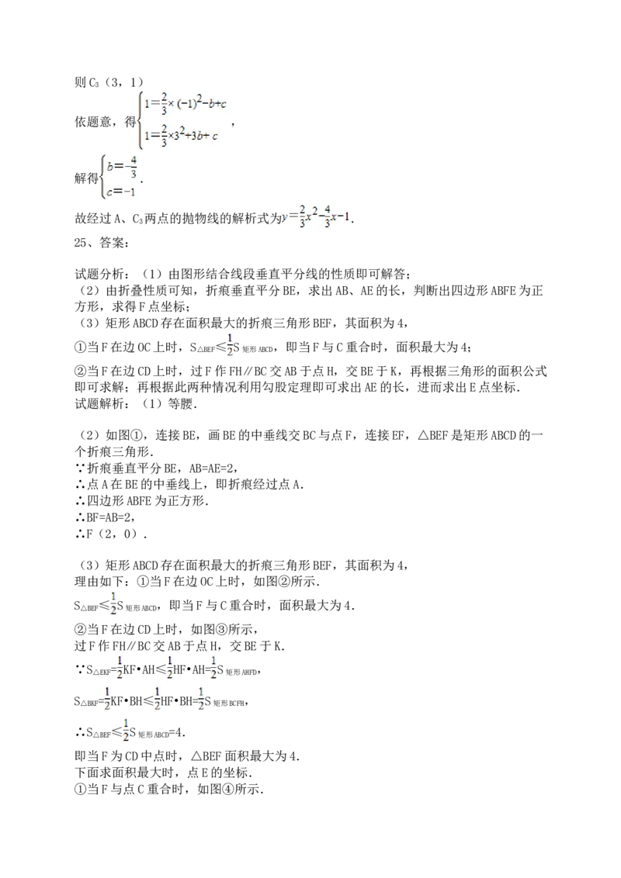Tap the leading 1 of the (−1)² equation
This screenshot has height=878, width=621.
tap(144, 101)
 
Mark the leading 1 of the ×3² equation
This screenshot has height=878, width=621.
tap(144, 137)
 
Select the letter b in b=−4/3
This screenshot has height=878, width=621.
tap(110, 164)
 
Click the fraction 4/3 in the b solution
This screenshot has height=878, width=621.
tap(134, 165)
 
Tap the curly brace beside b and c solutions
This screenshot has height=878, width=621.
tap(102, 178)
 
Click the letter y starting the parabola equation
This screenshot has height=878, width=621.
tap(284, 219)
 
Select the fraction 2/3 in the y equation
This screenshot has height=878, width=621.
tap(302, 218)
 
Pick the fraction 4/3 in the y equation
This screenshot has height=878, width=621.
tap(328, 218)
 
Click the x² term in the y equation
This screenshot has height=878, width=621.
tap(312, 217)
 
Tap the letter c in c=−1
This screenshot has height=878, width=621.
tap(110, 193)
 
